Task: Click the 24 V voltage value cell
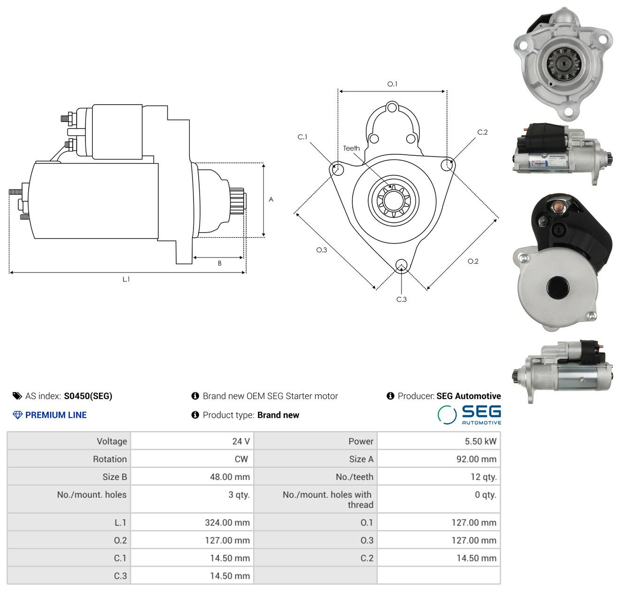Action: coord(240,441)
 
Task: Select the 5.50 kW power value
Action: coord(480,441)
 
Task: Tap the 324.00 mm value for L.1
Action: coord(227,522)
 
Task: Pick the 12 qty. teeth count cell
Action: coord(483,477)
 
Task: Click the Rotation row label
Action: coord(109,459)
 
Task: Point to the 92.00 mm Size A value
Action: coord(476,459)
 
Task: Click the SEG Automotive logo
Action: coord(469,414)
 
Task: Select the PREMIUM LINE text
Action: coord(56,415)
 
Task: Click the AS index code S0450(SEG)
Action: coord(88,396)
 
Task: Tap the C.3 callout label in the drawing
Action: coord(401,299)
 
